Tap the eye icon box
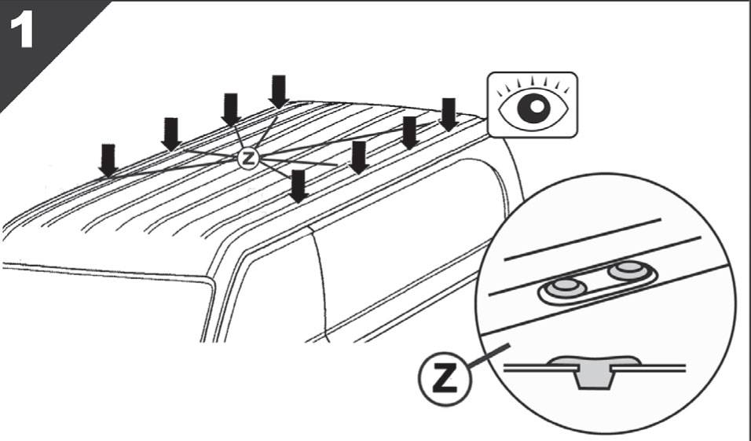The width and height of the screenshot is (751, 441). (x=533, y=105)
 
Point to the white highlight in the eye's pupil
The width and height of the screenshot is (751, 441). (x=537, y=105)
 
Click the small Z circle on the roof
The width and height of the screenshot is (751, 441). (x=248, y=158)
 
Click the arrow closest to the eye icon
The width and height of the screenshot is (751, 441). (x=449, y=115)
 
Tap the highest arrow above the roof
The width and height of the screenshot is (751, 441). (x=279, y=91)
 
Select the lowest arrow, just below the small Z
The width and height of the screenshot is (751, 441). (x=299, y=186)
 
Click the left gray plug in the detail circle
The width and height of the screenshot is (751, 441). (x=565, y=288)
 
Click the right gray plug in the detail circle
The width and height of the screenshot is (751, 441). (x=628, y=270)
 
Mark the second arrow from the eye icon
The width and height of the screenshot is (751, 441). (x=409, y=133)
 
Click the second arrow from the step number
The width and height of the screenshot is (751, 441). (x=171, y=134)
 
